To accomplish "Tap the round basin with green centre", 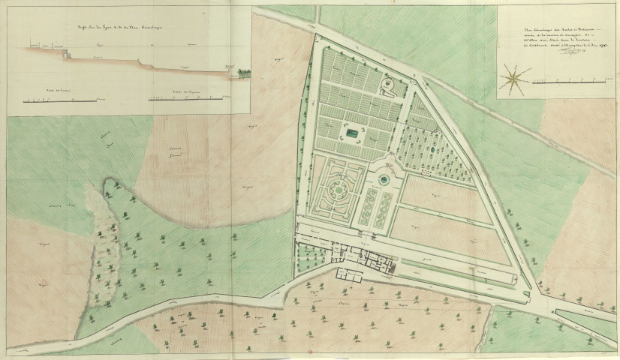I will tap(386, 180).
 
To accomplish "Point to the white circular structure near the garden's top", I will tap(387, 86).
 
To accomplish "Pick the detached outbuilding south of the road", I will tap(348, 274).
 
